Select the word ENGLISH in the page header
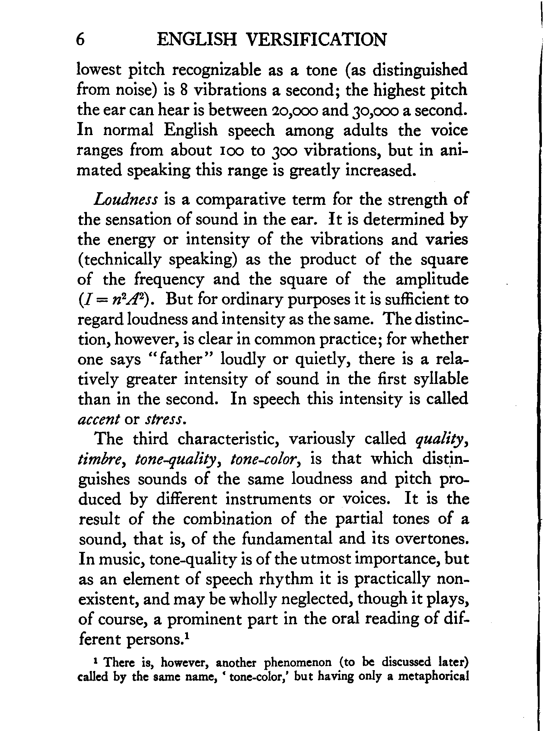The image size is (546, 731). click(x=197, y=40)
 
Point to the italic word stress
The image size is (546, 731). click(x=163, y=419)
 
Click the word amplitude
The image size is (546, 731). click(x=432, y=279)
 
